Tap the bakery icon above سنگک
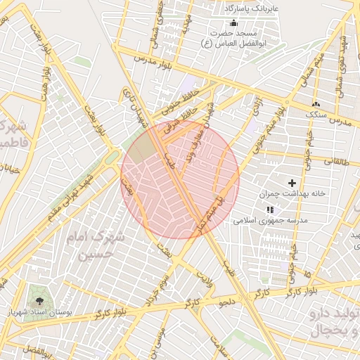coord(316,103)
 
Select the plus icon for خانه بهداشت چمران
coord(292,183)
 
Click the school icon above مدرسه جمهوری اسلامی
coord(269,210)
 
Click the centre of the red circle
coord(180,179)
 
